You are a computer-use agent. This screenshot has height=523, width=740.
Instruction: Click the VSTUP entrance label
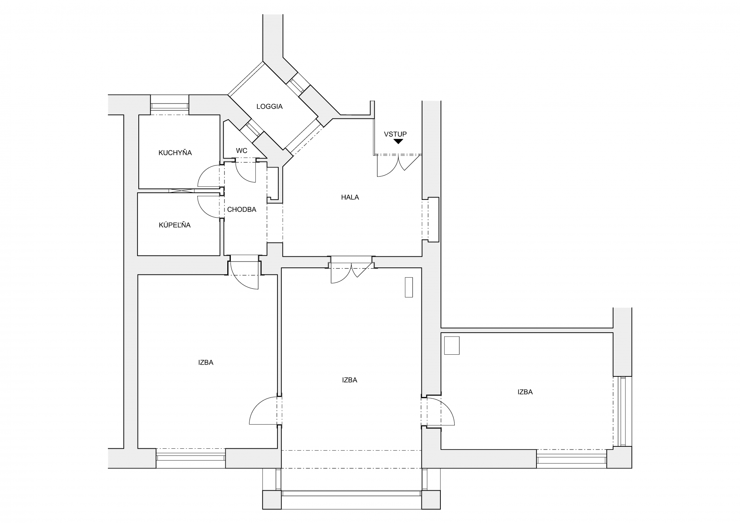click(x=395, y=134)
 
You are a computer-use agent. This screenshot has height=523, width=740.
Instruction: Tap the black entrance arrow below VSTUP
click(x=398, y=141)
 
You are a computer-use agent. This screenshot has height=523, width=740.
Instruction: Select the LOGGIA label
click(x=269, y=107)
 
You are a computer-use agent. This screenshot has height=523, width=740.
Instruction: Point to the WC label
click(x=242, y=151)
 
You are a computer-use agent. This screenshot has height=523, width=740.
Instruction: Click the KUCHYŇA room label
click(x=175, y=152)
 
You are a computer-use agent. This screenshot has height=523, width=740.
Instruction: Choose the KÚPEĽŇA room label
click(x=175, y=225)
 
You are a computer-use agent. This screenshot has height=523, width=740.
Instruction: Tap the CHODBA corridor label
click(x=242, y=209)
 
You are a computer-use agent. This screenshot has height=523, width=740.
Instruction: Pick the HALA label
click(x=350, y=197)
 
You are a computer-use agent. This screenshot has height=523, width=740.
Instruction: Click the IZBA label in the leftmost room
click(x=206, y=362)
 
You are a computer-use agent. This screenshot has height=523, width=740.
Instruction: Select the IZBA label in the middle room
click(x=350, y=380)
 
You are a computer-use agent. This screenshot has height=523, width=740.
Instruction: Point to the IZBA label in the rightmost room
click(x=525, y=392)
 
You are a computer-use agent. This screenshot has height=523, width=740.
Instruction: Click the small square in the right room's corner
click(x=452, y=345)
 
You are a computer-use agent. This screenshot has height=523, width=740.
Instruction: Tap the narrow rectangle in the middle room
click(x=409, y=287)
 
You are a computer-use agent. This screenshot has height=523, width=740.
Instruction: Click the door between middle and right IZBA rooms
click(x=438, y=412)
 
